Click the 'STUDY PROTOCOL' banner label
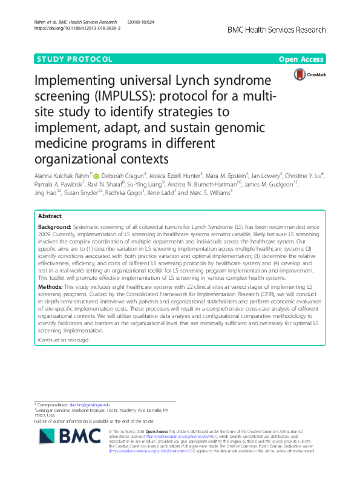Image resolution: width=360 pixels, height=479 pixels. pos(74,59)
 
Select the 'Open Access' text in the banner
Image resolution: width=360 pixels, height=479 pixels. pos(302,59)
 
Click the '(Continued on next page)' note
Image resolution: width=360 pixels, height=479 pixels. pos(63,340)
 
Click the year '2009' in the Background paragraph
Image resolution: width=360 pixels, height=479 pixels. pos(45,233)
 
